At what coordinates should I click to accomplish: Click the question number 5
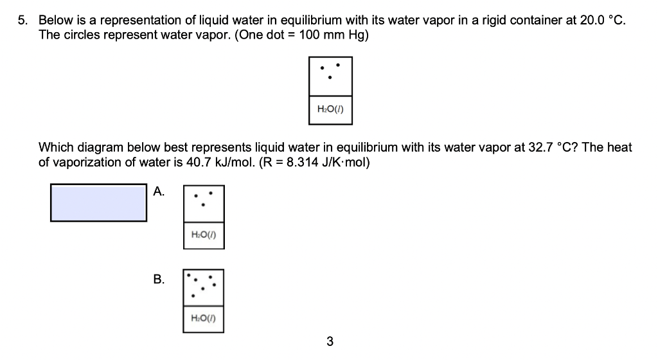(x=21, y=20)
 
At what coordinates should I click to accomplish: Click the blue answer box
(x=98, y=203)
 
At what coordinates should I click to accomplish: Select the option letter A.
(x=158, y=190)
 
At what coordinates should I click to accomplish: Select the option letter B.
(x=158, y=279)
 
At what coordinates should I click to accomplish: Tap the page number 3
(x=330, y=341)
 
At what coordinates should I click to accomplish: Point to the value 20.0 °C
(x=601, y=20)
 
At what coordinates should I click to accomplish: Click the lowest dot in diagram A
(x=203, y=206)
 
